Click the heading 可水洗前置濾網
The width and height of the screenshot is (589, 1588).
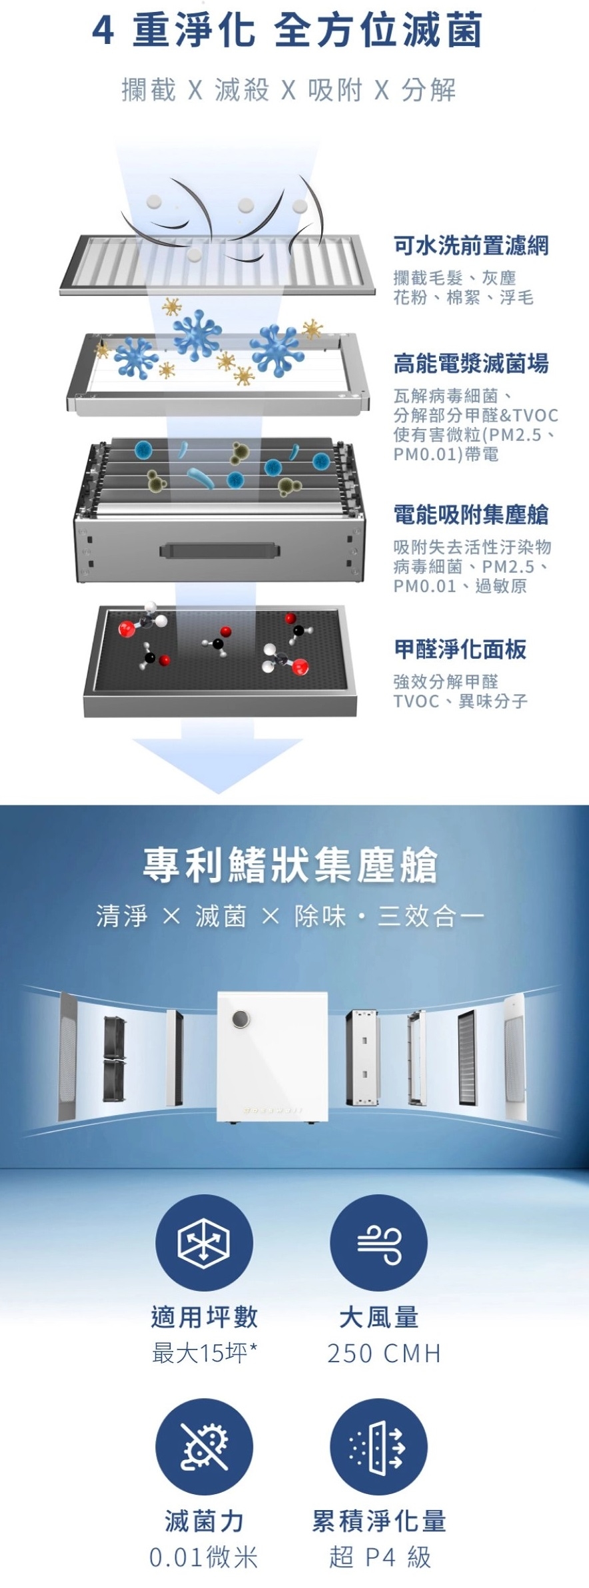[471, 246]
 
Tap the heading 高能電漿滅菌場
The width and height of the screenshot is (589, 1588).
[471, 364]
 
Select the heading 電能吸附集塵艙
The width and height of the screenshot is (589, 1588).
[471, 515]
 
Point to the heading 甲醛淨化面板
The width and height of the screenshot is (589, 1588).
[460, 649]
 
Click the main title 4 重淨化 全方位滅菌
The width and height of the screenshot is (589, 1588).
[288, 30]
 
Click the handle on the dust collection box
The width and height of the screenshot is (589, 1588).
[219, 550]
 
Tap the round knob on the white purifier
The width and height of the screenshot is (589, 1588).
[241, 1020]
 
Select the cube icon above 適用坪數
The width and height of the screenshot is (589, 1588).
[204, 1243]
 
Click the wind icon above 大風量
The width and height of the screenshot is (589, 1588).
[378, 1243]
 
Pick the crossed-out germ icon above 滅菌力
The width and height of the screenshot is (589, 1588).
[204, 1447]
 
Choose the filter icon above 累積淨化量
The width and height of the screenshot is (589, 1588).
[378, 1447]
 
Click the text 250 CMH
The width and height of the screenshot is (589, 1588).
[384, 1354]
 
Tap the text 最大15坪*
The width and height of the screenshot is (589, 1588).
[205, 1353]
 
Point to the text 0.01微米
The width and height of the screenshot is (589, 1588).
[204, 1557]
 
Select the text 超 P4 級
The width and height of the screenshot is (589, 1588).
[380, 1557]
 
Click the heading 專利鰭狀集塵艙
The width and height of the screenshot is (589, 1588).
[291, 865]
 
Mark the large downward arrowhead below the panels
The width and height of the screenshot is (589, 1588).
[218, 765]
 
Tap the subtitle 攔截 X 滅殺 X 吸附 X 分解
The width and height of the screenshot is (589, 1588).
[289, 89]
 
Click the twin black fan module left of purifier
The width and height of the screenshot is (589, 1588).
[115, 1058]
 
